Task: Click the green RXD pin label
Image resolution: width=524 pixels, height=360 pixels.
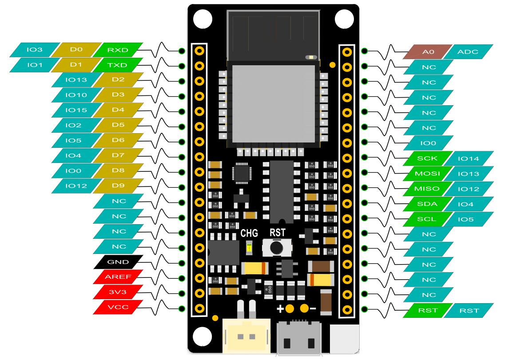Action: pyautogui.click(x=118, y=50)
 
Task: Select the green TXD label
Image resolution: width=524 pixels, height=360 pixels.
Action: pyautogui.click(x=118, y=65)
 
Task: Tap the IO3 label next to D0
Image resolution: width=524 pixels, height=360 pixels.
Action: pyautogui.click(x=35, y=50)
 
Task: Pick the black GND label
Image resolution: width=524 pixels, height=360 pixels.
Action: pyautogui.click(x=118, y=262)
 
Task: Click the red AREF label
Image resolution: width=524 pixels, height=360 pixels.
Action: pyautogui.click(x=118, y=277)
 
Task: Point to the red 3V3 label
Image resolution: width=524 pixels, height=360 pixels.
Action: pyautogui.click(x=118, y=292)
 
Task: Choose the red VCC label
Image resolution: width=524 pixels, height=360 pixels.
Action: pyautogui.click(x=118, y=307)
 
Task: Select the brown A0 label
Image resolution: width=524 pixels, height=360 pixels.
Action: pyautogui.click(x=428, y=52)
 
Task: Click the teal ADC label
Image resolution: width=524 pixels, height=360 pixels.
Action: pyautogui.click(x=468, y=52)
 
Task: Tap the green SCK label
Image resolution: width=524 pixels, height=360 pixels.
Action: pyautogui.click(x=428, y=158)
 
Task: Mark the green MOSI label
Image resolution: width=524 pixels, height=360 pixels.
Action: pyautogui.click(x=428, y=174)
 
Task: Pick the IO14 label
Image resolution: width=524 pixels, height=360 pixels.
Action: pyautogui.click(x=468, y=158)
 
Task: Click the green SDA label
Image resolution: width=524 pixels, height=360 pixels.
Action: pyautogui.click(x=428, y=204)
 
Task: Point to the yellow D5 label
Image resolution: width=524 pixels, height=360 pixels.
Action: pyautogui.click(x=118, y=125)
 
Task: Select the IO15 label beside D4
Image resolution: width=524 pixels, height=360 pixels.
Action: pyautogui.click(x=76, y=110)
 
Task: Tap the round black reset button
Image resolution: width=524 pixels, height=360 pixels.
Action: pyautogui.click(x=276, y=247)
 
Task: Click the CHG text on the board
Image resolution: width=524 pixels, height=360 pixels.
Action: pyautogui.click(x=249, y=233)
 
